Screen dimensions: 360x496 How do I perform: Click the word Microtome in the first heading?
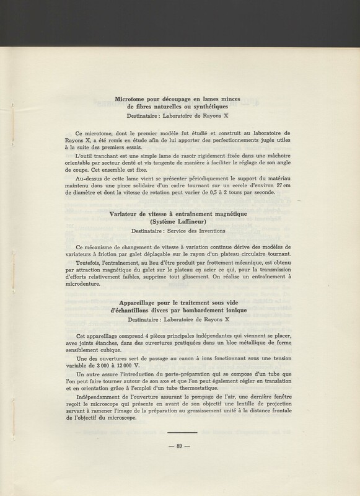(134, 99)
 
